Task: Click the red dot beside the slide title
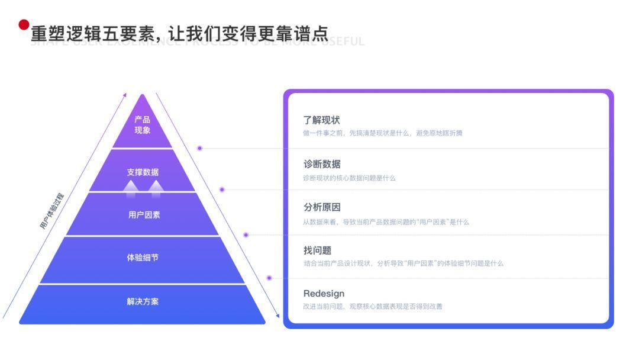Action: (24, 25)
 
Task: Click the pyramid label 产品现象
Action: (142, 125)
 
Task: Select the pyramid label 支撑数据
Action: (143, 172)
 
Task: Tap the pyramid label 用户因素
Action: (144, 215)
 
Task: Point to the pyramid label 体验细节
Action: (143, 258)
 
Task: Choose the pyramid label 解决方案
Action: (143, 301)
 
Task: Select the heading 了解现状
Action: (322, 121)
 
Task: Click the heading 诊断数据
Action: (322, 164)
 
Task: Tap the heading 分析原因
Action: (322, 207)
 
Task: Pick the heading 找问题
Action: (317, 250)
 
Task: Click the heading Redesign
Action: (324, 294)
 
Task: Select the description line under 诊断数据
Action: (349, 178)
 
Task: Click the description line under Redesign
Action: (373, 307)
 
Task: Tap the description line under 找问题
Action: (404, 263)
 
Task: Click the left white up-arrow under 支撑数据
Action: (131, 186)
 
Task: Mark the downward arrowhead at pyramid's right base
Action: (277, 316)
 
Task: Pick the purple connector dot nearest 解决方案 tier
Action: (269, 278)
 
